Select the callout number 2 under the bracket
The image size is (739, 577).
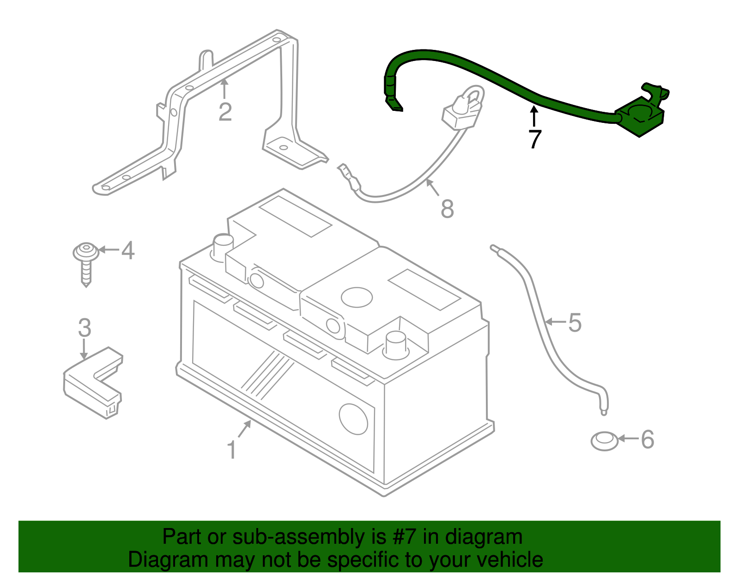pyautogui.click(x=225, y=112)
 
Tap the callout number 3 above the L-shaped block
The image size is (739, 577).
pyautogui.click(x=85, y=328)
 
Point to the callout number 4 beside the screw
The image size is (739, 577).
pyautogui.click(x=127, y=250)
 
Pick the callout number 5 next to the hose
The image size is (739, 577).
pyautogui.click(x=575, y=322)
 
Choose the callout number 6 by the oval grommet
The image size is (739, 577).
pyautogui.click(x=647, y=439)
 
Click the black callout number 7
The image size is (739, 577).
pyautogui.click(x=534, y=139)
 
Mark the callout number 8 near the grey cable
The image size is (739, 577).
pyautogui.click(x=447, y=209)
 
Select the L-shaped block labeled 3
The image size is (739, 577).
pyautogui.click(x=92, y=383)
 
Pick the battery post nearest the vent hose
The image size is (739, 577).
pyautogui.click(x=396, y=344)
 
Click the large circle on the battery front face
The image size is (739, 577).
pyautogui.click(x=353, y=419)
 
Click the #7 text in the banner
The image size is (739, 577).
pyautogui.click(x=404, y=537)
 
